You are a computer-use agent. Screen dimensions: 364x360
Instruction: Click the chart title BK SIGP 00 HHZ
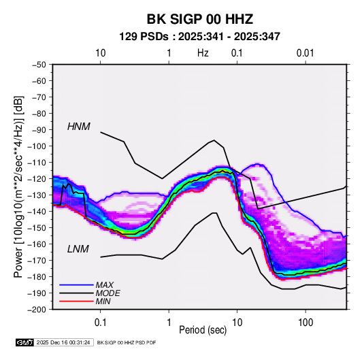[x=199, y=19]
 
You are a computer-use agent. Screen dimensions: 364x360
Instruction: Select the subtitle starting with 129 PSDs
[x=199, y=37]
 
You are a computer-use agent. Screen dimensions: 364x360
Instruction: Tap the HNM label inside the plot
[x=79, y=127]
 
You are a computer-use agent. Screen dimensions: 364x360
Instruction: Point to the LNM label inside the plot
[x=78, y=249]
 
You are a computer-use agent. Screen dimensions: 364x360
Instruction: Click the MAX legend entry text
[x=105, y=284]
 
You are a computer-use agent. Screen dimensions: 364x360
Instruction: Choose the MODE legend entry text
[x=107, y=293]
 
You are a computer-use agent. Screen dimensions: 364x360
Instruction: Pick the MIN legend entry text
[x=103, y=301]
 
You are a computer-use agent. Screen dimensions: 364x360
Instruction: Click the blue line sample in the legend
[x=76, y=284]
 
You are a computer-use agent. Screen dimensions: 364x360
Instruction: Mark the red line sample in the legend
[x=76, y=301]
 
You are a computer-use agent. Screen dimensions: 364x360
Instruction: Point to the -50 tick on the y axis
[x=39, y=65]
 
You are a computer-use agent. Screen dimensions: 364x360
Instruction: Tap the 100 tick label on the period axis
[x=305, y=323]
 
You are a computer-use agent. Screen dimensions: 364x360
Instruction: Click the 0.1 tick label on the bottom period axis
[x=100, y=323]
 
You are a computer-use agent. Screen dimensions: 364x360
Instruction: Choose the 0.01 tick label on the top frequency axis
[x=305, y=53]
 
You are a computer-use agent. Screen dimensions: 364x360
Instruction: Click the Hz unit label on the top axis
[x=203, y=53]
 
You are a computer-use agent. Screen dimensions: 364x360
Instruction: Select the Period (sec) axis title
[x=203, y=330]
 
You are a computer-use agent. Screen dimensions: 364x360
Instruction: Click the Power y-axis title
[x=18, y=186]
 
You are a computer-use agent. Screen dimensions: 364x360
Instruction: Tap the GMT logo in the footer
[x=24, y=342]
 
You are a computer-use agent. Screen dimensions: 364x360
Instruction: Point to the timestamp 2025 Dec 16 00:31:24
[x=63, y=342]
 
